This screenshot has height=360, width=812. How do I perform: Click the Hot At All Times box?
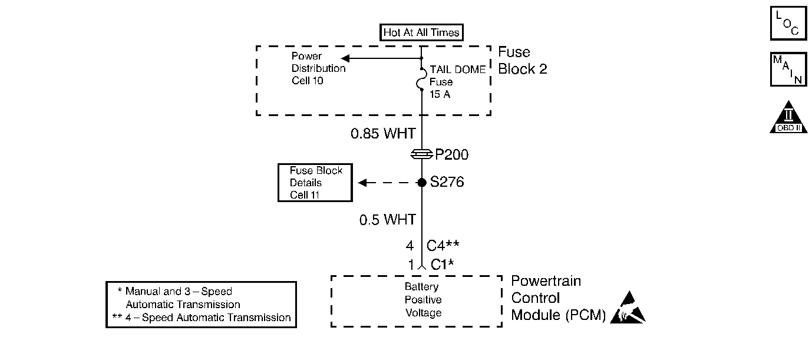tap(421, 32)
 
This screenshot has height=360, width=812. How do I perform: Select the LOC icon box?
tap(788, 23)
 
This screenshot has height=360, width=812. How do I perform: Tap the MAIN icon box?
tap(788, 70)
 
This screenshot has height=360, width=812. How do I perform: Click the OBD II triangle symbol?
tap(788, 117)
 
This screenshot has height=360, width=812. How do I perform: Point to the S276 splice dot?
tap(421, 182)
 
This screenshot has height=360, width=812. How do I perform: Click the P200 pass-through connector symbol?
tap(421, 154)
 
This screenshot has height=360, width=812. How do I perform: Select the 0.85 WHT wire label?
tap(383, 133)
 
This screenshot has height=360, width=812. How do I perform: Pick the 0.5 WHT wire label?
tap(387, 220)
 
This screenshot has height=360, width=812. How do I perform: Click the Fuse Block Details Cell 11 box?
tap(315, 182)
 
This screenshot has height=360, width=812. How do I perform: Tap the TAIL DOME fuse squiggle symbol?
tap(421, 79)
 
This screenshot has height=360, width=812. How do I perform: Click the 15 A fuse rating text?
tap(440, 94)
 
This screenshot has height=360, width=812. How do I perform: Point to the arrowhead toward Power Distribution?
tap(345, 58)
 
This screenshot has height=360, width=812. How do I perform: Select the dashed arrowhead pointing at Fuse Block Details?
tap(362, 182)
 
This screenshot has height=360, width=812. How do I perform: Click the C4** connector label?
tap(443, 246)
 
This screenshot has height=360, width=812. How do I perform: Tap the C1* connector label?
tap(442, 265)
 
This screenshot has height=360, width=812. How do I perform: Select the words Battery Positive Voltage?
tap(422, 300)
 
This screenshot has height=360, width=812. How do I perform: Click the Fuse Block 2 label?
tap(522, 60)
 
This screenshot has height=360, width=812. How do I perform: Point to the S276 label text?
tap(447, 182)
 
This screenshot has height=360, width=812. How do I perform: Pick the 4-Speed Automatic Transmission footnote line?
tap(202, 318)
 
